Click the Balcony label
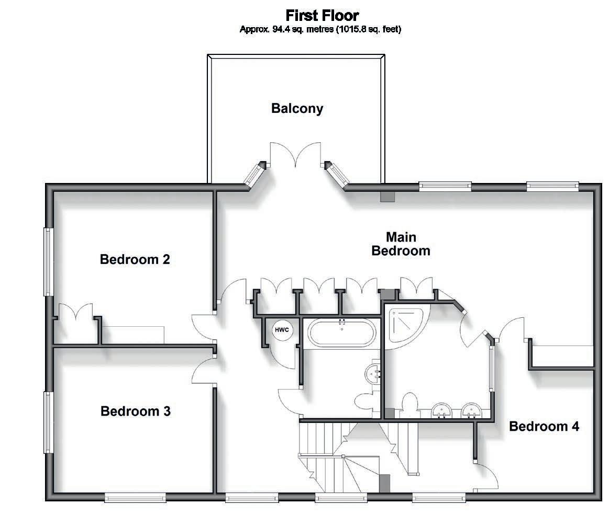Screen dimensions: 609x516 tap(297, 109)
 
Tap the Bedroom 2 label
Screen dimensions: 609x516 tap(135, 259)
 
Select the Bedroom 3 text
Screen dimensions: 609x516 tap(136, 411)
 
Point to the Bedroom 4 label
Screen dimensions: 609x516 tap(544, 427)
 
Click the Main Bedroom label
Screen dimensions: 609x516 tap(401, 244)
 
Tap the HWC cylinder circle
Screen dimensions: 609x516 tap(281, 330)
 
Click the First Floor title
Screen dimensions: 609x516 tap(322, 15)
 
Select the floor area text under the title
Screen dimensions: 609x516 tap(320, 29)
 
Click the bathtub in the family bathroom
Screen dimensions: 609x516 tap(341, 332)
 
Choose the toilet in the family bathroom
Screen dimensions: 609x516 tap(366, 403)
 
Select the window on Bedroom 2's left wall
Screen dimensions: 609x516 tap(48, 261)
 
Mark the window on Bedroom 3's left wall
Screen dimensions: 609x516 tap(48, 422)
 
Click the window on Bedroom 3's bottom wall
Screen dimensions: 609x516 tap(135, 498)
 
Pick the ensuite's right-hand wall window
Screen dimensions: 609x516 tap(492, 369)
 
